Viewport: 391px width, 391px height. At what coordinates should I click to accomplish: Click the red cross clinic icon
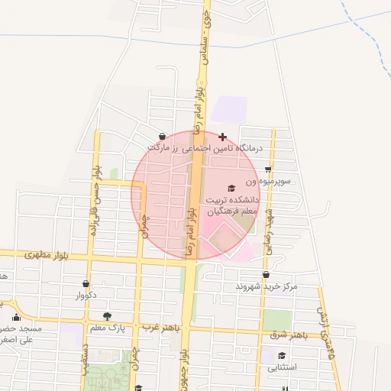(222, 137)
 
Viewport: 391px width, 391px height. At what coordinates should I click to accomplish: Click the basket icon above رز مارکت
(162, 137)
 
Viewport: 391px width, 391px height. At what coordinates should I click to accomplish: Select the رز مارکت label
(166, 147)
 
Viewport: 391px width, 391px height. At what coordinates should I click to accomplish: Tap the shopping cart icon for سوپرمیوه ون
(268, 170)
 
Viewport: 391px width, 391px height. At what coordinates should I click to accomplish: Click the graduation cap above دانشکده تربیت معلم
(231, 188)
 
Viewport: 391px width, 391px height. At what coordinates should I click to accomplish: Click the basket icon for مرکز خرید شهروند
(266, 274)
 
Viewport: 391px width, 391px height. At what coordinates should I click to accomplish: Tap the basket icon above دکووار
(85, 283)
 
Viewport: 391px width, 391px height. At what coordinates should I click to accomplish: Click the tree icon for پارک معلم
(106, 316)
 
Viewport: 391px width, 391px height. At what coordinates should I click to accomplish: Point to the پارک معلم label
(107, 328)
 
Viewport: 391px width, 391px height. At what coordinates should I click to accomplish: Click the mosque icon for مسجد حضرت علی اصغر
(16, 317)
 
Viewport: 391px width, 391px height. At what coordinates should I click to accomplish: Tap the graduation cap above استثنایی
(282, 356)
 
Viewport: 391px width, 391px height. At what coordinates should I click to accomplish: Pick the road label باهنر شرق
(289, 334)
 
